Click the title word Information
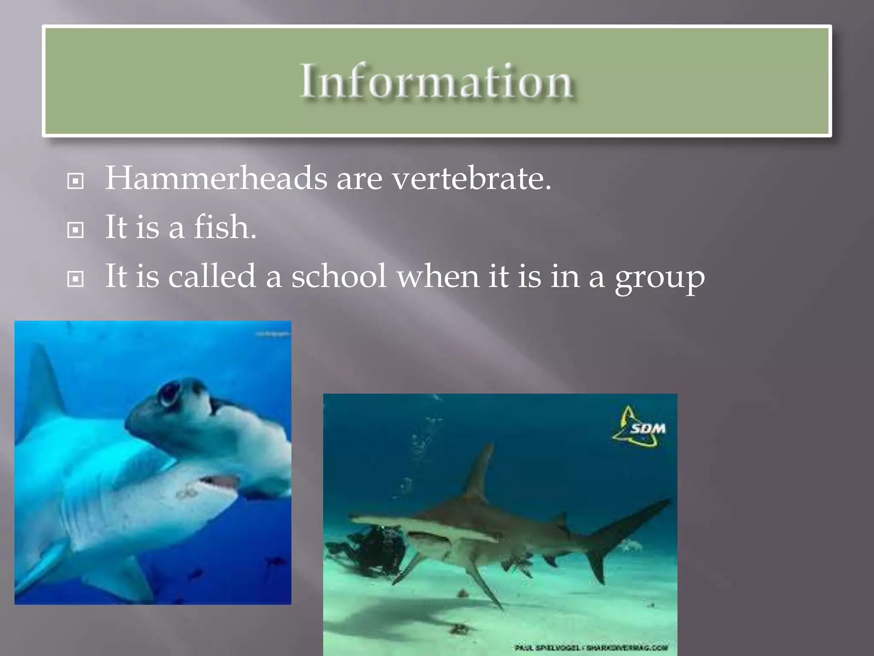(436, 81)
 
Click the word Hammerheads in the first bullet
(216, 178)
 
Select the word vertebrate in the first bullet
(472, 178)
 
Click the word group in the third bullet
(659, 278)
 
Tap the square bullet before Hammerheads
(76, 182)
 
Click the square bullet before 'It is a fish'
(76, 231)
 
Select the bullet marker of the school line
(76, 280)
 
